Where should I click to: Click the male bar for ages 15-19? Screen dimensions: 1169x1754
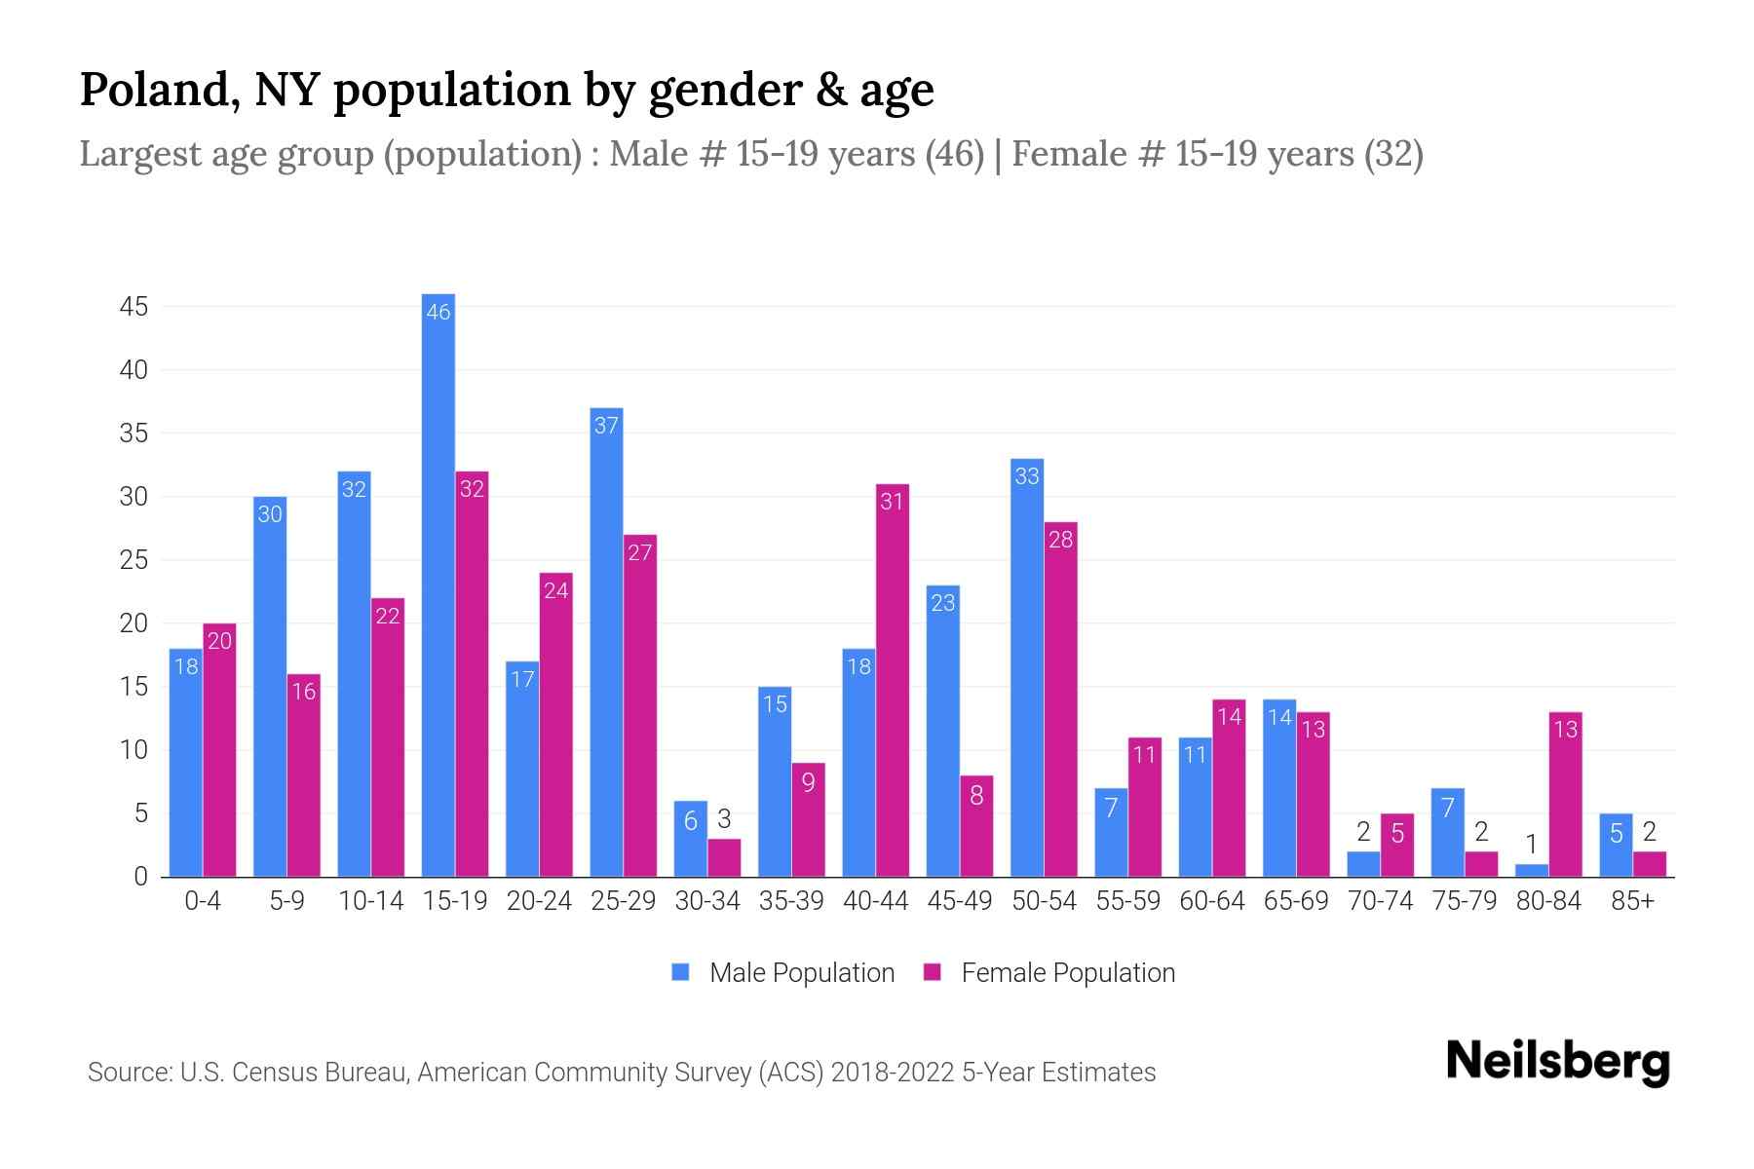coord(438,584)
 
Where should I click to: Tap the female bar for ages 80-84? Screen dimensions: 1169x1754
coord(1565,794)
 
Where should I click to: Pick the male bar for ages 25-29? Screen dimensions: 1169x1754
coord(606,642)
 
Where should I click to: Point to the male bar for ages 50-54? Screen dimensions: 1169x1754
coord(1027,667)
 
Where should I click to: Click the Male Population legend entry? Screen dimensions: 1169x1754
coord(783,973)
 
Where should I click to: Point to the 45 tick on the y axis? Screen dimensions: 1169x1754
coord(133,307)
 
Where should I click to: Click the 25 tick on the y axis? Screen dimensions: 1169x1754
coord(133,560)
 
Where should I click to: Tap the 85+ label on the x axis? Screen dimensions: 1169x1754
coord(1632,901)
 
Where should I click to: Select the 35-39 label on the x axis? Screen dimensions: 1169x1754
coord(791,901)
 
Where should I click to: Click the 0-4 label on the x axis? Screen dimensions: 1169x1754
coord(203,901)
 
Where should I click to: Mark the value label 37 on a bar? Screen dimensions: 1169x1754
coord(606,426)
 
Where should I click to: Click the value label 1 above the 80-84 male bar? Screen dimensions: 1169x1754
coord(1531,844)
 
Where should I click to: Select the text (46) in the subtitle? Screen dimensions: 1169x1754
coord(955,154)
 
